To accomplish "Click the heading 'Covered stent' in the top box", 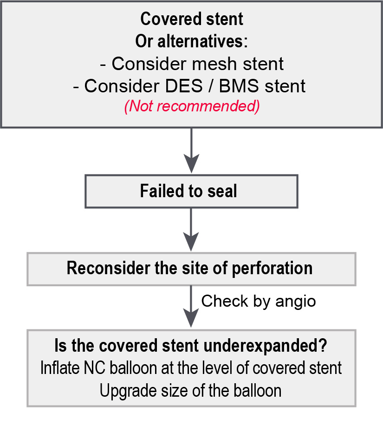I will coord(191,19).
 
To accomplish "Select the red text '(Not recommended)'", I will coord(191,106).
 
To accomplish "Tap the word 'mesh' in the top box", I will coord(217,64).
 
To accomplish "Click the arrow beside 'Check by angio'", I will coord(191,306).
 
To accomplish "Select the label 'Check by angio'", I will coord(258,301).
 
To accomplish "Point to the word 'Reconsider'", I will coord(108,269).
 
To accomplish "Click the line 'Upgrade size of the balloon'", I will coord(191,390).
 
